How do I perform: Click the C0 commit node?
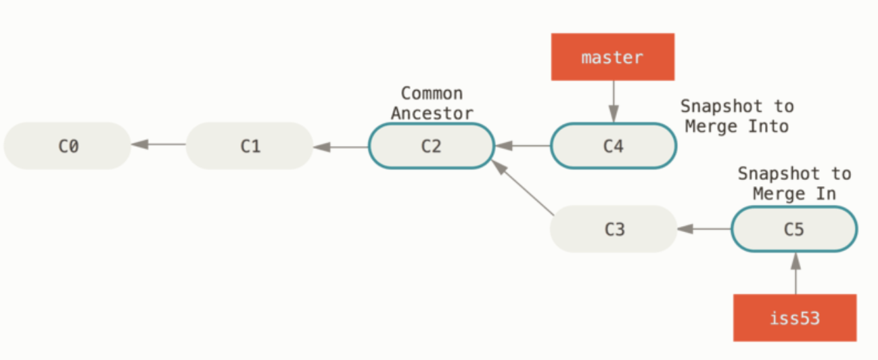[x=67, y=145]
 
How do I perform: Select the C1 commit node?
[x=250, y=145]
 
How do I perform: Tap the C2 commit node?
[x=432, y=145]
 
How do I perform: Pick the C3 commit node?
[x=614, y=229]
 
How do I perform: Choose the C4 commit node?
[x=614, y=145]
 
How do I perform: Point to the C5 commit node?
[x=794, y=229]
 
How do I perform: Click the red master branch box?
[x=613, y=57]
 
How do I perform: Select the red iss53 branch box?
[x=795, y=317]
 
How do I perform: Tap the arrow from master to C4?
[x=614, y=102]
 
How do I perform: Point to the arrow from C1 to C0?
[x=158, y=144]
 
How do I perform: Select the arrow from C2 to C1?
[x=340, y=145]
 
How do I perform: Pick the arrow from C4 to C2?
[x=522, y=145]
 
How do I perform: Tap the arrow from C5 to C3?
[x=704, y=229]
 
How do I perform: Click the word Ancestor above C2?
[x=432, y=112]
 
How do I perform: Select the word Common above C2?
[x=432, y=93]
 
